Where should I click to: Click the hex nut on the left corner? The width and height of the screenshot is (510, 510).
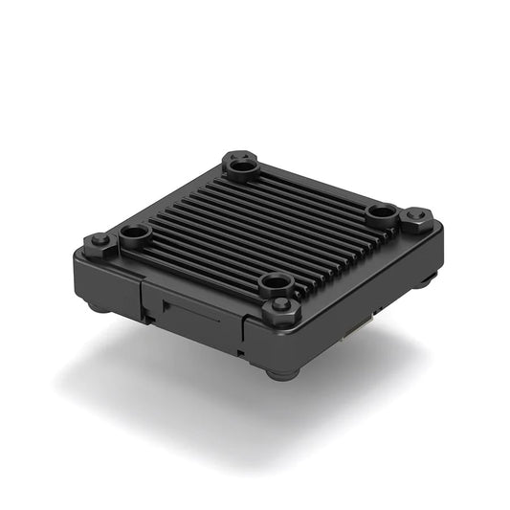(99, 241)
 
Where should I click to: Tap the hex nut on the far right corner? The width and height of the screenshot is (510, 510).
(415, 218)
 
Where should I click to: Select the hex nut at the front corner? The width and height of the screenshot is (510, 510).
(281, 308)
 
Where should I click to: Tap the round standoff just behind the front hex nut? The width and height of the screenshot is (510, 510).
(277, 283)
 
